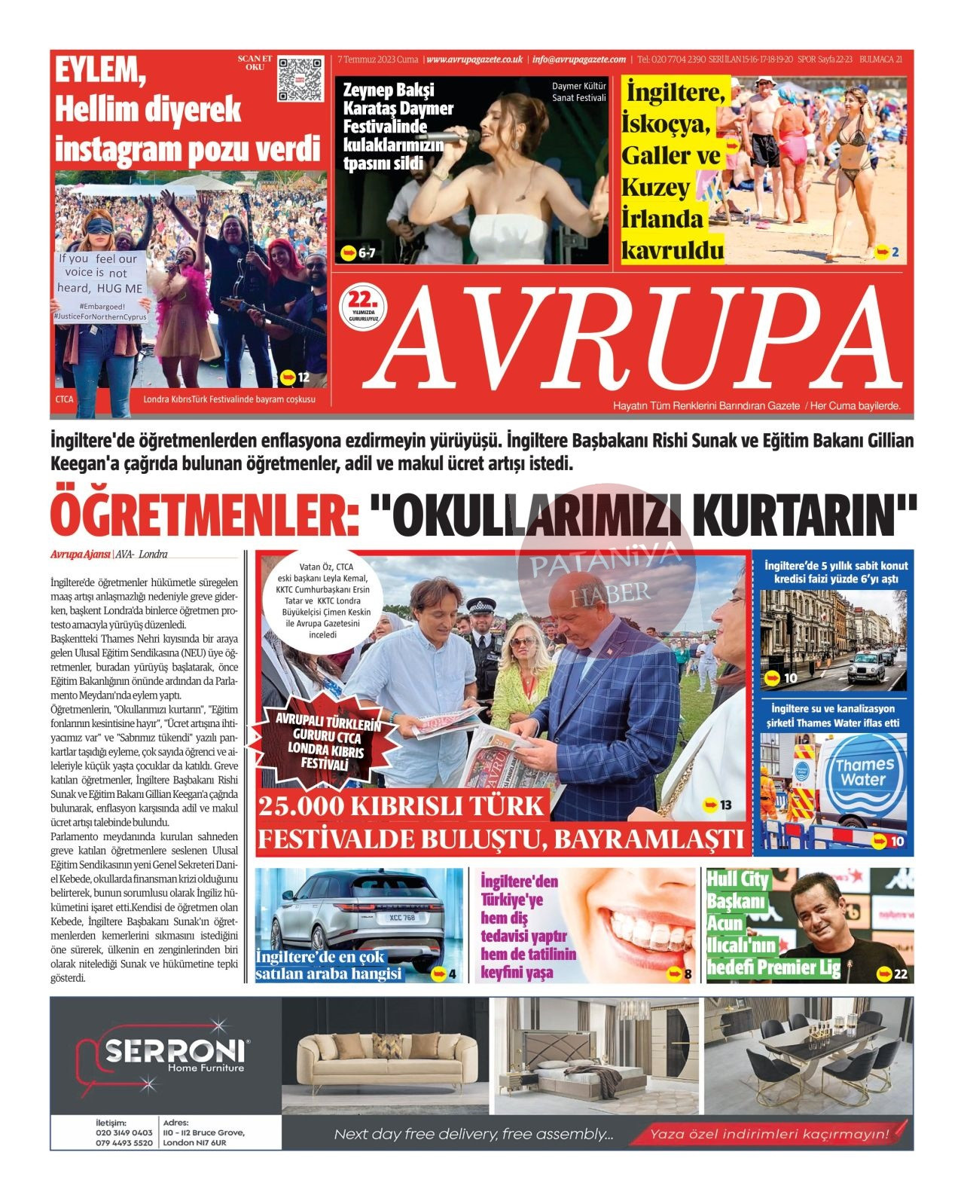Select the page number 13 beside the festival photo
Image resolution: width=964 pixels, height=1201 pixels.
point(725,805)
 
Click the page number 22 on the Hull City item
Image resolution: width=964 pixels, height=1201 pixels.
point(900,974)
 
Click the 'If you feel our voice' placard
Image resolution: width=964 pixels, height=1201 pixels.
point(99,274)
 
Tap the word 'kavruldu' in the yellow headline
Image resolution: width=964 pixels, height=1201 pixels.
point(672,251)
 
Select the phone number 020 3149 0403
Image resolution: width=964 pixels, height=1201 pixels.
point(124,1132)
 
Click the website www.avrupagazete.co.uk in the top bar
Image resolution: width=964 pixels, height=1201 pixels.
point(474,59)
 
